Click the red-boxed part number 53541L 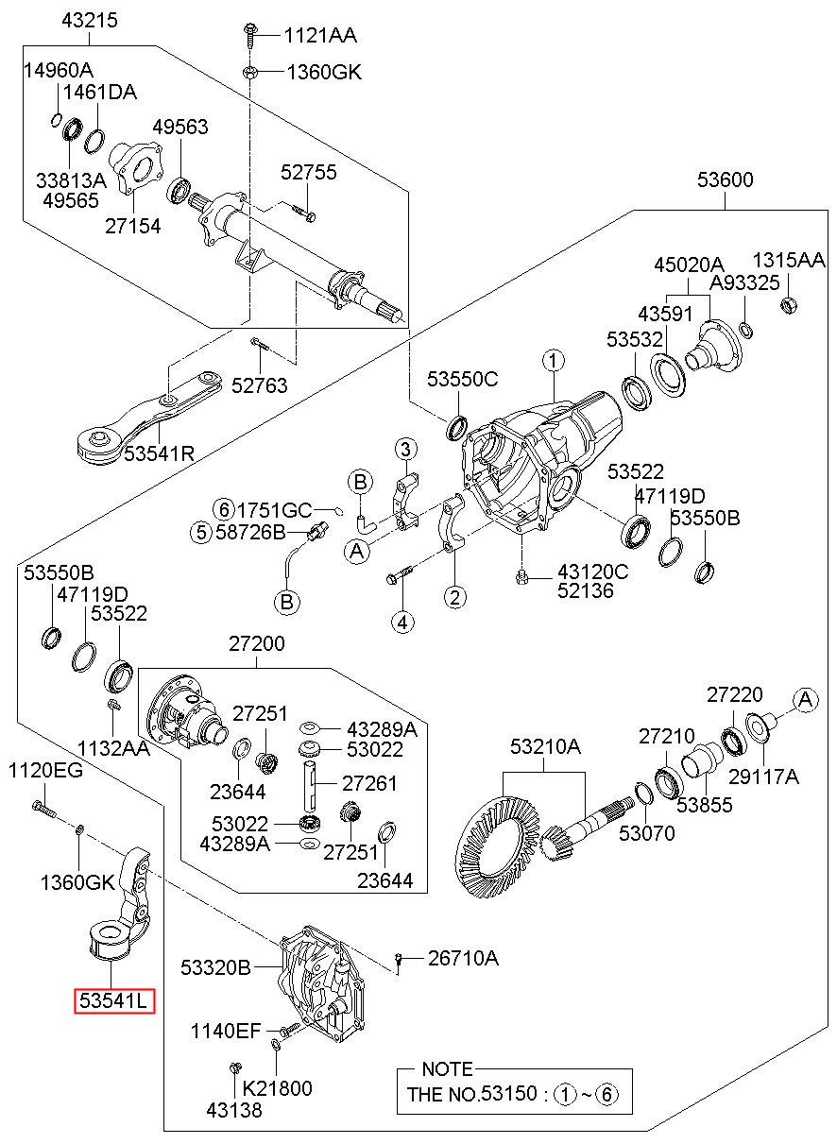pos(114,1000)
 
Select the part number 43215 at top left pos(90,21)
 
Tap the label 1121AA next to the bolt pos(320,36)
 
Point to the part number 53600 pos(726,179)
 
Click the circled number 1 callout pos(554,361)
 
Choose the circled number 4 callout pos(403,622)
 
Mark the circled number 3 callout pos(405,450)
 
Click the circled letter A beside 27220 pos(805,700)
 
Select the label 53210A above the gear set pos(545,746)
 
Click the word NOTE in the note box pos(448,1068)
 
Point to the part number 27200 pos(256,643)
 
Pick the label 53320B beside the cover pos(215,967)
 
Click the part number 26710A pos(463,958)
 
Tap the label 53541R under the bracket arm pos(159,453)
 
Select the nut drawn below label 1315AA pos(789,305)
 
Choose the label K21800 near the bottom pos(277,1088)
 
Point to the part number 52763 pos(260,385)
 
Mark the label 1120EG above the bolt pos(45,771)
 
